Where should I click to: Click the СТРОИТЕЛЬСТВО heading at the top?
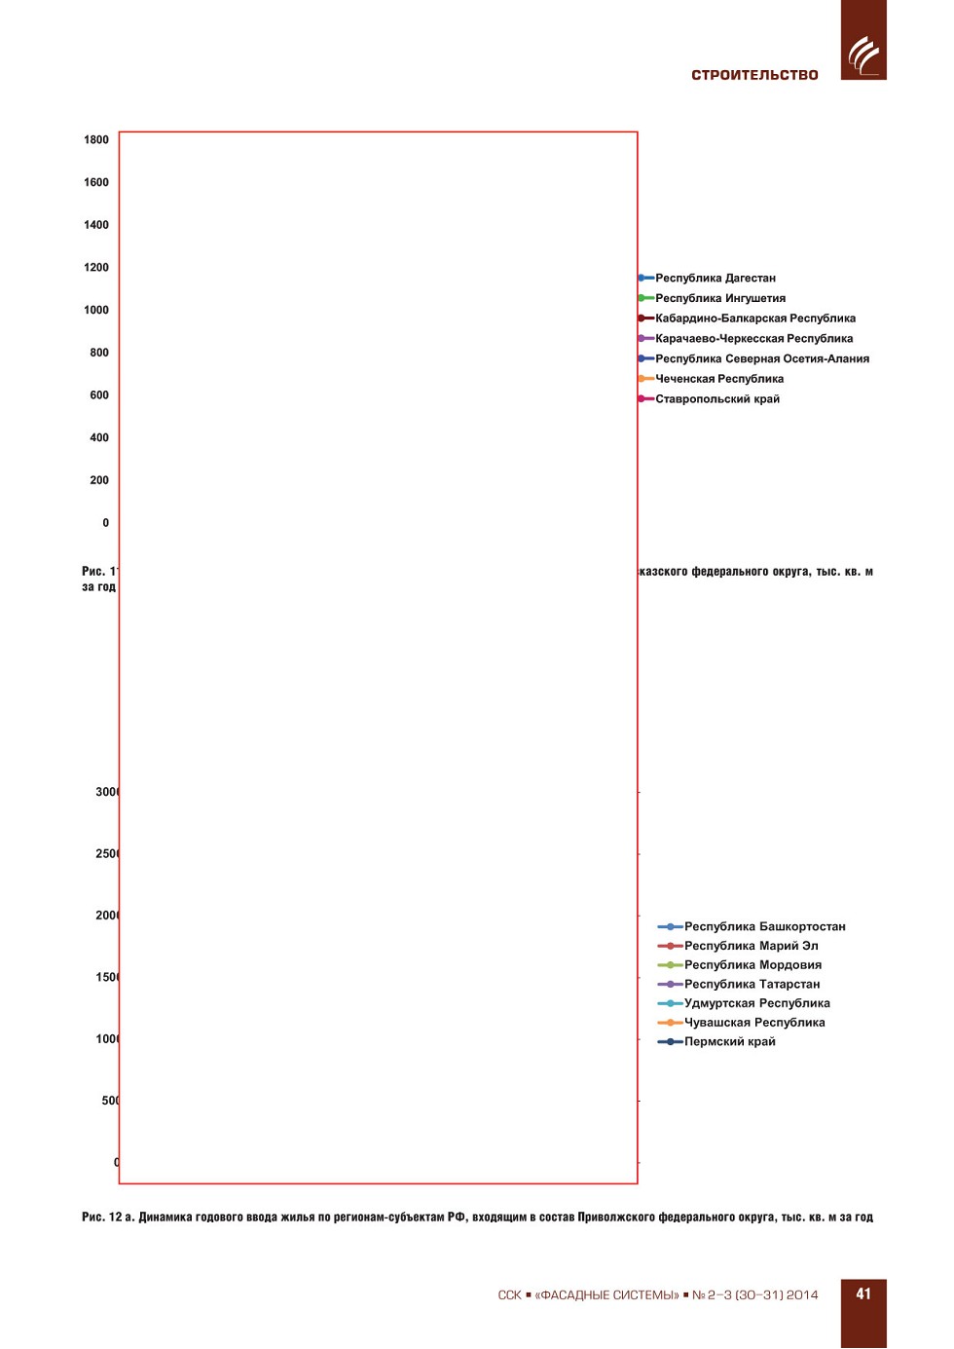tap(754, 75)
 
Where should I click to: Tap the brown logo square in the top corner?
tap(863, 40)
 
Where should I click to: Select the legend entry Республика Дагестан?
tap(715, 279)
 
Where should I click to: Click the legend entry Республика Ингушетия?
tap(719, 298)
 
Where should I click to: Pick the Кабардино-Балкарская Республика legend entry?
tap(754, 319)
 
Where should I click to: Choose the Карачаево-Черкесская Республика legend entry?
tap(753, 339)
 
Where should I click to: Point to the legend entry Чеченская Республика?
tap(718, 379)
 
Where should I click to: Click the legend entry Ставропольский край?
tap(716, 399)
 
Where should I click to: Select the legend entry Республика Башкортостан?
tap(764, 926)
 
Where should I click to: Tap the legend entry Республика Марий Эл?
tap(751, 946)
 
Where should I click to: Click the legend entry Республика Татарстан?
tap(752, 984)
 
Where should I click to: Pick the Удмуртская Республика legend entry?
tap(756, 1003)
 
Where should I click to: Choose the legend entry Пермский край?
tap(729, 1041)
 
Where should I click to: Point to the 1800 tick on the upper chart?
tap(96, 140)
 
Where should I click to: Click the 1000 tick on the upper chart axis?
tap(96, 311)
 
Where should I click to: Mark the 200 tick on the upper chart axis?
tap(99, 480)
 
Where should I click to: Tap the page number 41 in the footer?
tap(863, 1293)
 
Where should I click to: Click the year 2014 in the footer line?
tap(802, 1295)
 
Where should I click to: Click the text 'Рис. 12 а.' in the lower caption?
tap(107, 1218)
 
